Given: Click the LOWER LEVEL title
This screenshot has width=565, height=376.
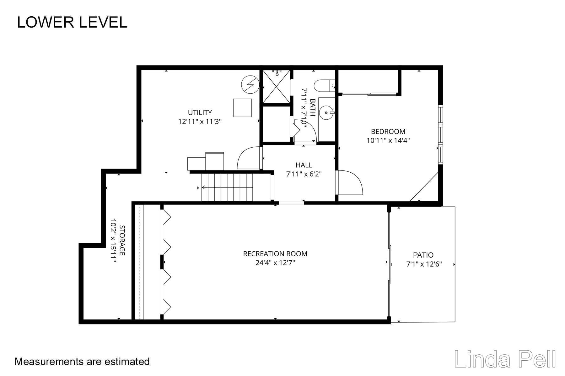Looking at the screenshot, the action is click(x=72, y=22).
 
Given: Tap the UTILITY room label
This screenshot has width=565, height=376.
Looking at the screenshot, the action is click(x=200, y=112).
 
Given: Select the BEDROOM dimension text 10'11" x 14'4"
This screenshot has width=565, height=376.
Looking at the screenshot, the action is click(x=388, y=140).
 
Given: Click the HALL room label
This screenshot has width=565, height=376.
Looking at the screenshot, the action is click(x=304, y=165).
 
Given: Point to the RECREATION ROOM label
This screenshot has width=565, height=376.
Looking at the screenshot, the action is click(x=275, y=254).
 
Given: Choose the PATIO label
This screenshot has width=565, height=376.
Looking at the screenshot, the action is click(x=423, y=255).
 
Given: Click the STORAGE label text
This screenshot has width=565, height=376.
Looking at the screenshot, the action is click(x=122, y=240).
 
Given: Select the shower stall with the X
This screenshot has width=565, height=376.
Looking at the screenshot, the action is click(x=276, y=86).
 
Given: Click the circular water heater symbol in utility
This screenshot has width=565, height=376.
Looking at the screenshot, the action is click(x=250, y=85).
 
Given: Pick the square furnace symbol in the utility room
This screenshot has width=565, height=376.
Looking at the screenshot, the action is click(x=242, y=108).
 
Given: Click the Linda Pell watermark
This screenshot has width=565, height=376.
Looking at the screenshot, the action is click(x=505, y=359).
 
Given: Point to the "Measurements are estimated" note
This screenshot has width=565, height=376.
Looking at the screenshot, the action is click(x=82, y=362).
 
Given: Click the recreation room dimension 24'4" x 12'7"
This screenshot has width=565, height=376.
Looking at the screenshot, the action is click(x=275, y=263).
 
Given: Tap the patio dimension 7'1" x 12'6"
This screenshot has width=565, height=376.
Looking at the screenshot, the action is click(x=424, y=264).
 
